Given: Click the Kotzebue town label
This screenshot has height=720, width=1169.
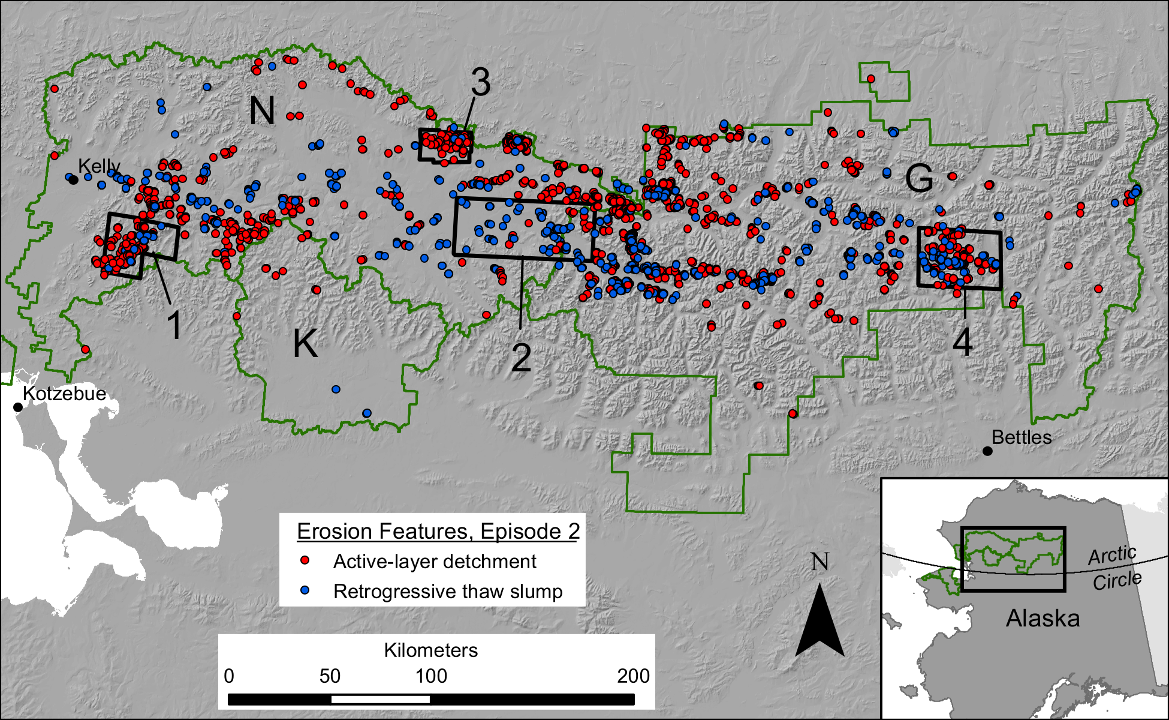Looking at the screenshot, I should click(64, 394).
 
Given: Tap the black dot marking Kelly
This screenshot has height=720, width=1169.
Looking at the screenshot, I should click(73, 179).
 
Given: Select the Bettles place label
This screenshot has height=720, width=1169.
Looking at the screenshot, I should click(1022, 437).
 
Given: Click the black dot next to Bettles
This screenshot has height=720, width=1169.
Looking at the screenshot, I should click(988, 451).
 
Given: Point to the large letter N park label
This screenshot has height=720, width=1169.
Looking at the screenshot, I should click(262, 111).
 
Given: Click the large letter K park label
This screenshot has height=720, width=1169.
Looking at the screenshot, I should click(305, 344).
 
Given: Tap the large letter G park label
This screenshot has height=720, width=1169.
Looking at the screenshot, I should click(919, 178).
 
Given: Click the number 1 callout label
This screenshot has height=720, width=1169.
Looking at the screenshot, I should click(174, 326).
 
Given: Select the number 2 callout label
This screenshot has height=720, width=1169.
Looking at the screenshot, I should click(521, 358).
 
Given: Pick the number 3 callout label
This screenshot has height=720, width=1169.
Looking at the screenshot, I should click(480, 82).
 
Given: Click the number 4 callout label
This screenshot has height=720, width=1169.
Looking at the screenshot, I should click(962, 343).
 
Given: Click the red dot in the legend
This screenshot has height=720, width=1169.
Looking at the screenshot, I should click(305, 560).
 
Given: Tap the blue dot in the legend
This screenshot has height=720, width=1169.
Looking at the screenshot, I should click(305, 590).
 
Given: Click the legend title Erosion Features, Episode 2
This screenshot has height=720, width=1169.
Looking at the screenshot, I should click(438, 532).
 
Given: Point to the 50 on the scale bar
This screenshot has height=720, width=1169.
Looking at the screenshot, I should click(330, 676).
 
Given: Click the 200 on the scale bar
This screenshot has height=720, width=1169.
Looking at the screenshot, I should click(633, 676).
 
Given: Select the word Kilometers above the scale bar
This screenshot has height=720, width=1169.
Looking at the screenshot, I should click(430, 650).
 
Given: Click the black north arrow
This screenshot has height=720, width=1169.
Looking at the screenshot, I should click(819, 624).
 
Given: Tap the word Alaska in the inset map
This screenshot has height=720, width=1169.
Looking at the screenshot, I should click(1043, 619).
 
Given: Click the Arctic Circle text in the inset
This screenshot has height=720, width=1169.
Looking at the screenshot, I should click(1114, 568).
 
